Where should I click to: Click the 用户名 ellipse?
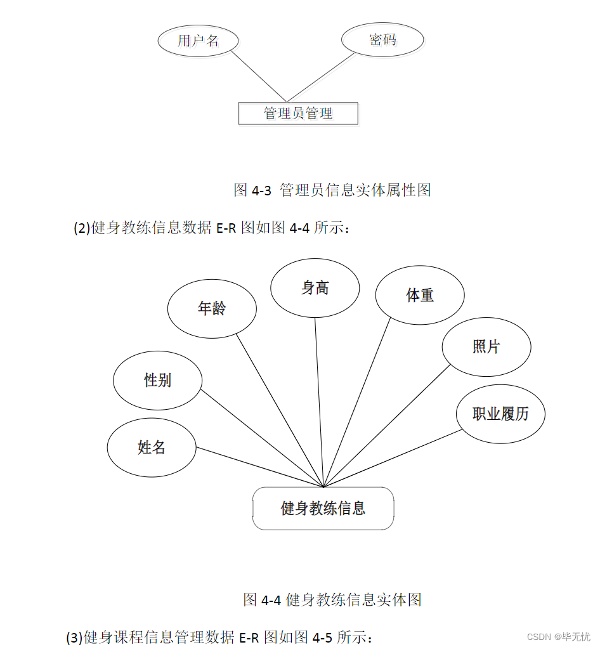tap(198, 41)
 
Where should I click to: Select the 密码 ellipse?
tap(382, 40)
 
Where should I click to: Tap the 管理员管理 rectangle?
tap(298, 114)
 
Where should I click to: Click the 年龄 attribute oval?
tap(212, 309)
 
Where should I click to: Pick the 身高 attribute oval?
tap(315, 288)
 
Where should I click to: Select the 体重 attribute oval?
tap(419, 295)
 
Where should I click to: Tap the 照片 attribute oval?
tap(486, 347)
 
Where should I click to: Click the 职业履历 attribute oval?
tap(500, 414)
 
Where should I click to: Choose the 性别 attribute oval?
tap(157, 381)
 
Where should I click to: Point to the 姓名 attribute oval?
tap(152, 447)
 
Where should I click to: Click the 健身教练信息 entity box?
tap(323, 508)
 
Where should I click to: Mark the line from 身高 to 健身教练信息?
tap(319, 400)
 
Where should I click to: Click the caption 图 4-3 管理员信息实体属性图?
tap(332, 190)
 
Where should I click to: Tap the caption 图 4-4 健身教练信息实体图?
tap(332, 599)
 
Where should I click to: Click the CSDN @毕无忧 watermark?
tap(559, 636)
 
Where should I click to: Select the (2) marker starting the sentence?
tap(82, 228)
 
